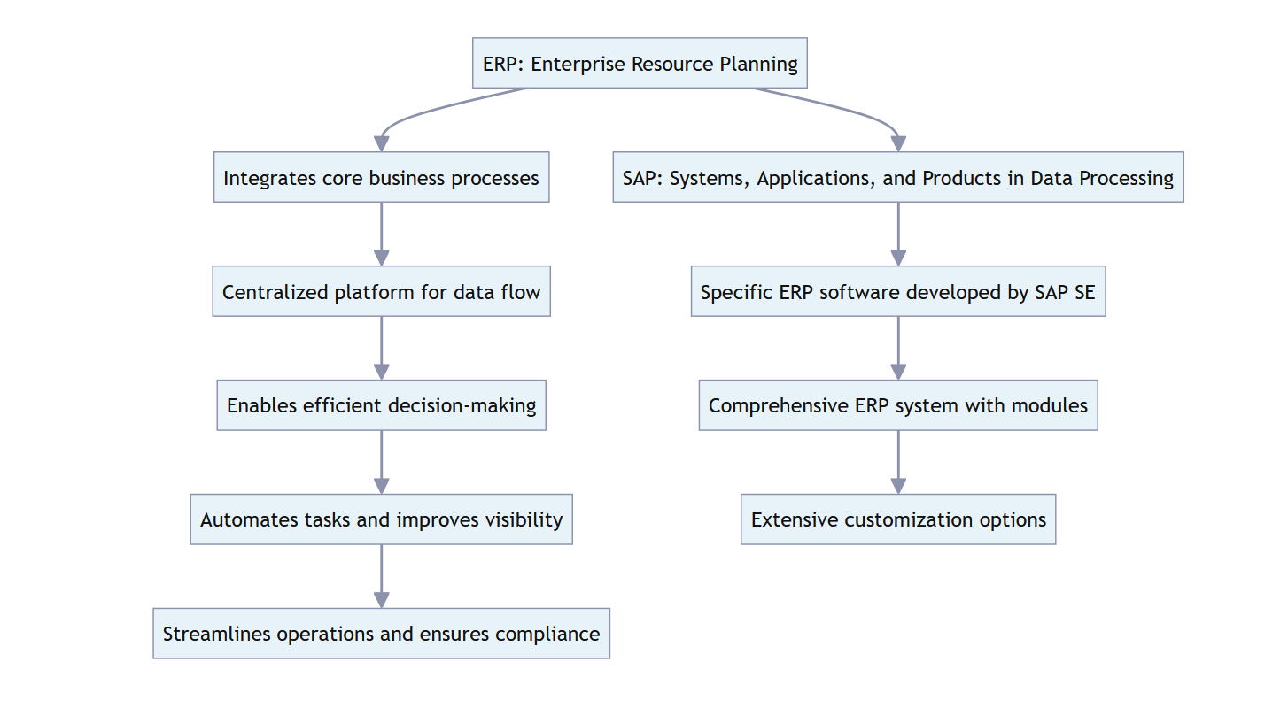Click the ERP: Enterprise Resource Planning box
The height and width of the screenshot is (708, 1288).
coord(640,63)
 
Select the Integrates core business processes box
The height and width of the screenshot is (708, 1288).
coord(381,177)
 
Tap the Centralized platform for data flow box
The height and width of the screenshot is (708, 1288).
coord(381,291)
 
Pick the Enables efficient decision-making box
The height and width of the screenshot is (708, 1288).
coord(381,405)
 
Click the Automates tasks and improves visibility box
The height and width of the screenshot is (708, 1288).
coord(381,519)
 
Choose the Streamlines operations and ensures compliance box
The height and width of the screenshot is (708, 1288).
coord(381,634)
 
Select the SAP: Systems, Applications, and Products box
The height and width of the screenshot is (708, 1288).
coord(897,177)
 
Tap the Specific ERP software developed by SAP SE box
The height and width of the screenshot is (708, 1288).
coord(897,291)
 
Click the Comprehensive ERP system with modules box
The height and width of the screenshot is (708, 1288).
coord(897,405)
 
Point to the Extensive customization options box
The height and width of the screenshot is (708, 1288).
coord(897,519)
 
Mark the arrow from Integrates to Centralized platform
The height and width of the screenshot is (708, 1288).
coord(381,232)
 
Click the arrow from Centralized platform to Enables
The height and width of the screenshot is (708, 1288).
coord(381,346)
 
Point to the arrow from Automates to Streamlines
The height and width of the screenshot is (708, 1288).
coord(381,574)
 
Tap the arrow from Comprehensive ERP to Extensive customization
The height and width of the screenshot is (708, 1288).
coord(898,460)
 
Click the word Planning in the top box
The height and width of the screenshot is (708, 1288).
coord(762,64)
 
